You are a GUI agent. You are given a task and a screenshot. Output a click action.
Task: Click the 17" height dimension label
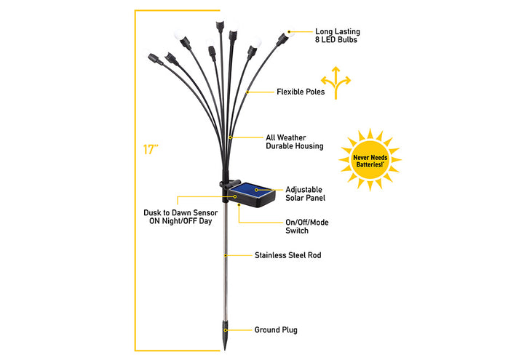[151, 150]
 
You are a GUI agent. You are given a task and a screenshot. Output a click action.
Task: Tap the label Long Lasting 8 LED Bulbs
[337, 36]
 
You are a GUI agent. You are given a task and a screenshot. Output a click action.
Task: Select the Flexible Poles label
[300, 92]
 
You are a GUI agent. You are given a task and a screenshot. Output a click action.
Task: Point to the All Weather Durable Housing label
[295, 141]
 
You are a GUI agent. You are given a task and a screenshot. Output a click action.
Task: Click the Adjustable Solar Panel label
[305, 193]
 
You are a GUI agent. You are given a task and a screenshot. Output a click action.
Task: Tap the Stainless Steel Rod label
[287, 255]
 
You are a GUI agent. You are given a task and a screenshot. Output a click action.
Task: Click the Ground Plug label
[275, 329]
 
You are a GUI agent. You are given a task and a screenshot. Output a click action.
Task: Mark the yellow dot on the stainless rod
[226, 255]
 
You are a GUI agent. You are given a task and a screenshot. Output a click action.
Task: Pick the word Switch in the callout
[296, 231]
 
